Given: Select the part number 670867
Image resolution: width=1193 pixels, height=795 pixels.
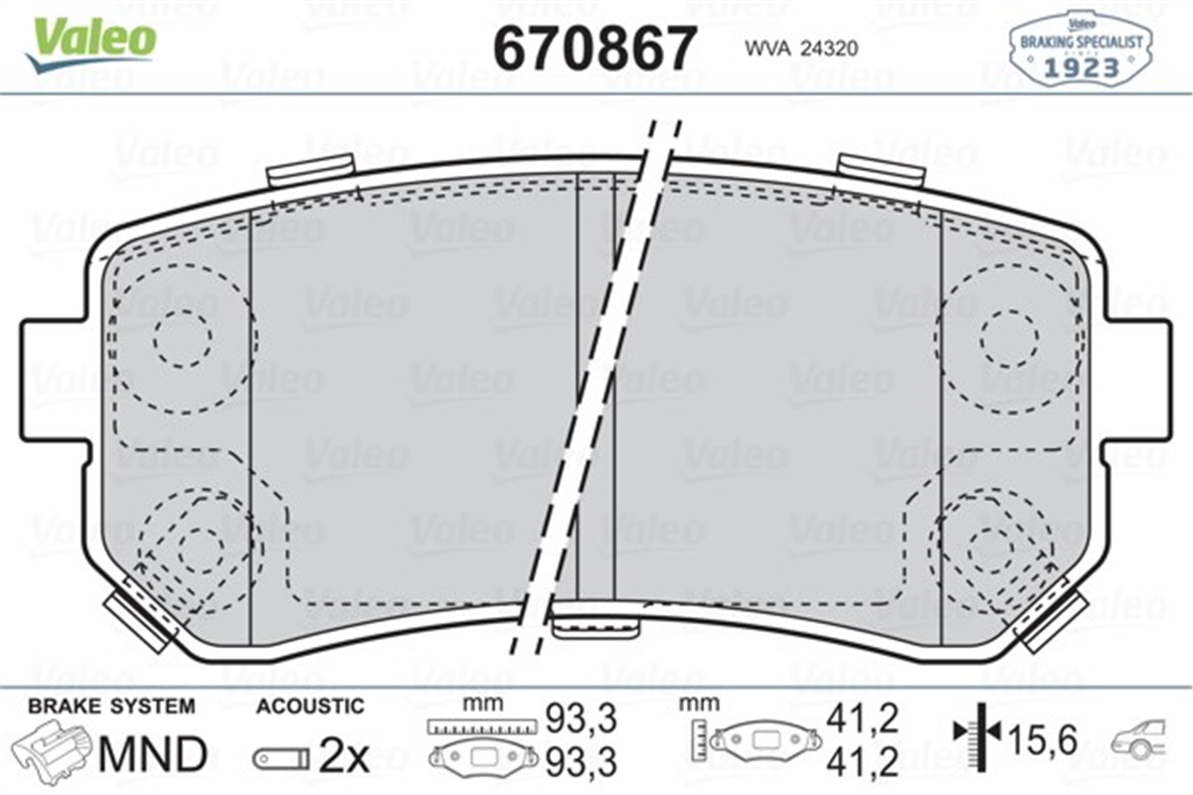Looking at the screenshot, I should pyautogui.click(x=595, y=46).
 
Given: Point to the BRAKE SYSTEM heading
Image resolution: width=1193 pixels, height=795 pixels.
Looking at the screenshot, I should pyautogui.click(x=111, y=707).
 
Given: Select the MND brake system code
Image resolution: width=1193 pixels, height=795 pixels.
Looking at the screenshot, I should pyautogui.click(x=152, y=755).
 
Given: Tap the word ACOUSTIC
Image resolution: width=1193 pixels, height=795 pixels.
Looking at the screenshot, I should pyautogui.click(x=310, y=707).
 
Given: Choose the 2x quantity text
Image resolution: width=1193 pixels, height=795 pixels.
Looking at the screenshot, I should pyautogui.click(x=343, y=757).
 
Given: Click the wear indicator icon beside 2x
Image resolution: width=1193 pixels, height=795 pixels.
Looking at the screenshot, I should pyautogui.click(x=280, y=759).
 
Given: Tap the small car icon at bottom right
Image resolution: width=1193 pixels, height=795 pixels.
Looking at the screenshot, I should pyautogui.click(x=1144, y=740).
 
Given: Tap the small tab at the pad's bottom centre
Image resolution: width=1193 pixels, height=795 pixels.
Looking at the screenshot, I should pyautogui.click(x=595, y=625).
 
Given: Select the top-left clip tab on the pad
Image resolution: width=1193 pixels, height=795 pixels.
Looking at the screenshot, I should pyautogui.click(x=310, y=170).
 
